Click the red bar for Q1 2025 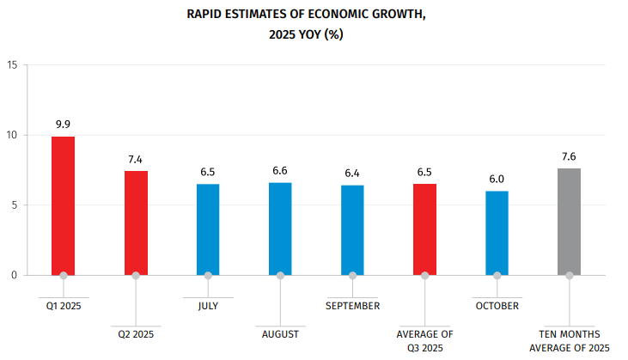[63, 206]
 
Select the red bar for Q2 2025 [136, 223]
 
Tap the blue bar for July [208, 229]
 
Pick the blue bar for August [280, 229]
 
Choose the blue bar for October [497, 233]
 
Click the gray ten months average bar [569, 222]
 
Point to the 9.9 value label [63, 125]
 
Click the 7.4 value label [136, 160]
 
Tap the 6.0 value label [497, 180]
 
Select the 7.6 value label [569, 157]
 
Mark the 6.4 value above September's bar [352, 174]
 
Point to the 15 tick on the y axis [11, 65]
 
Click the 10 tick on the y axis [11, 136]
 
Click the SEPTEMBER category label [352, 305]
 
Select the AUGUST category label [280, 333]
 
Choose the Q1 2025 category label [63, 305]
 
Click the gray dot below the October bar [497, 276]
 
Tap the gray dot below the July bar [208, 276]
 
